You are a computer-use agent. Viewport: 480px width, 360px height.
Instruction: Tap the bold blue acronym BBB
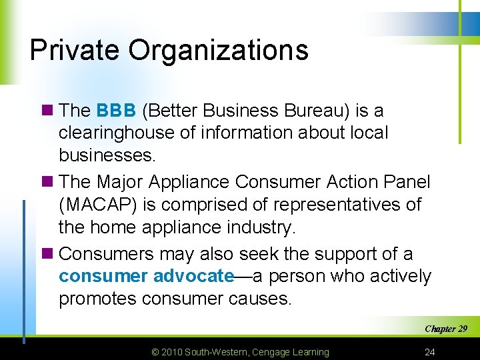click(x=116, y=111)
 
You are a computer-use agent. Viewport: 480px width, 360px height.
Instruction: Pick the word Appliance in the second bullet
click(x=194, y=182)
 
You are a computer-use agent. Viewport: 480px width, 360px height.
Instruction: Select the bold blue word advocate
click(x=193, y=277)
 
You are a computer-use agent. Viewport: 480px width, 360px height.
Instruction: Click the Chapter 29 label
click(x=445, y=329)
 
